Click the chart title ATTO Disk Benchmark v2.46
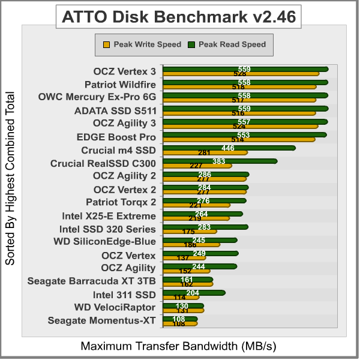coord(179,17)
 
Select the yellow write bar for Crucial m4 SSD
coord(204,153)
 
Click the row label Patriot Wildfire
coord(120,84)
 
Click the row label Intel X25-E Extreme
coord(109,216)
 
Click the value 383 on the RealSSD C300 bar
coord(219,161)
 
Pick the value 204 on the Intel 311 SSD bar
coord(193,293)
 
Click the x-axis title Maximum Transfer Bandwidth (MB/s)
coord(178,347)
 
